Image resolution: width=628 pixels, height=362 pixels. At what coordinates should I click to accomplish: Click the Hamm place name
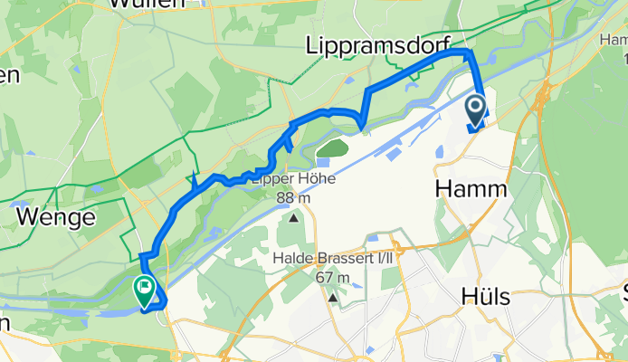coord(468,188)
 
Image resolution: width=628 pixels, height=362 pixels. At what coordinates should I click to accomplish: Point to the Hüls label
coord(486,297)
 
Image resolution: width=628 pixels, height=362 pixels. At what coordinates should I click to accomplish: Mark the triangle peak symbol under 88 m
coord(294,218)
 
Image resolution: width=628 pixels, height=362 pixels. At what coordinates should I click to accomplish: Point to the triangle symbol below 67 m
coord(334,298)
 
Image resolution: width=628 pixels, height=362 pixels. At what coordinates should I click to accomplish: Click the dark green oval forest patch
coord(333,148)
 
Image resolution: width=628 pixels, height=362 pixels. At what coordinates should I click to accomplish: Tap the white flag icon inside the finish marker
coord(145,288)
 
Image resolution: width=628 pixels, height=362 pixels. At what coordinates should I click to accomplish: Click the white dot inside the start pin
coord(476,108)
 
